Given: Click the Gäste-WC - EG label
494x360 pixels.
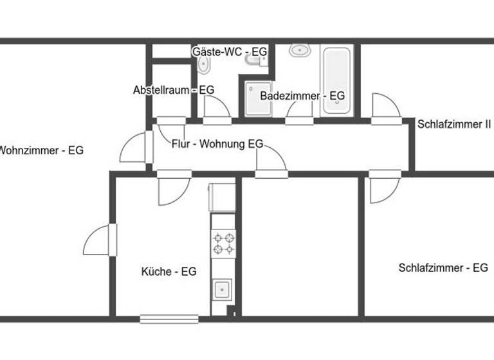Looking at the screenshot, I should [229, 51].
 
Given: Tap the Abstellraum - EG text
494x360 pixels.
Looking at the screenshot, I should [173, 91].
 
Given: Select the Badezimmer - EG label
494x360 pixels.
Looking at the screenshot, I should [302, 96].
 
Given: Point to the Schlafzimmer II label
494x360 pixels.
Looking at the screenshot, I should [454, 124].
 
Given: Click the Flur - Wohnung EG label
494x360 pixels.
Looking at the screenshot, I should [217, 144].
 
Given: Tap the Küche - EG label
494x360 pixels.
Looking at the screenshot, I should [169, 272].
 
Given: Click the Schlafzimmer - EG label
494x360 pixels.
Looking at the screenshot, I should [443, 268].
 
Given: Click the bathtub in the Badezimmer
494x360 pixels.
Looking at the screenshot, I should [336, 81].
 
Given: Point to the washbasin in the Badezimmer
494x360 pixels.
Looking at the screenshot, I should [298, 51].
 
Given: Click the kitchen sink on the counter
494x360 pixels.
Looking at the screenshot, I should [223, 289].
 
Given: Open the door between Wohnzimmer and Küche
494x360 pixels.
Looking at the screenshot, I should [100, 241].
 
